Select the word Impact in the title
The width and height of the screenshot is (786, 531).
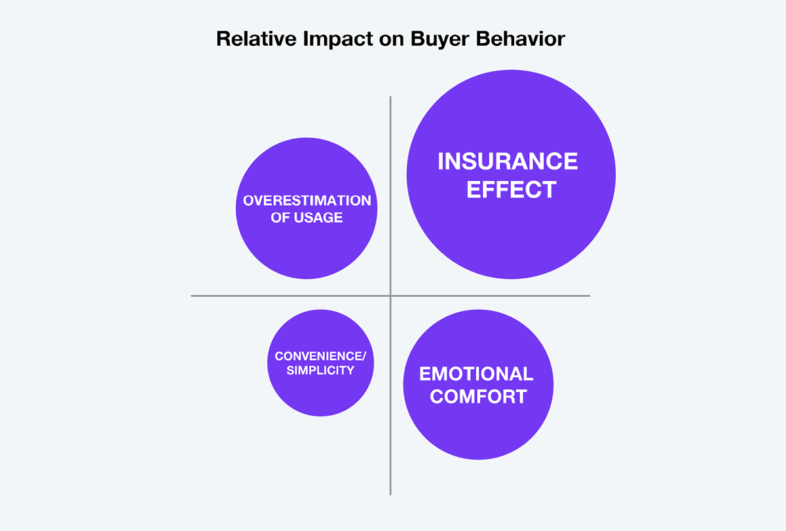[x=337, y=39]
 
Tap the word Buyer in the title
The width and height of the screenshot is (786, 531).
[x=440, y=39]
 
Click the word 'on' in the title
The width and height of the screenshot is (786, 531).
[x=391, y=40]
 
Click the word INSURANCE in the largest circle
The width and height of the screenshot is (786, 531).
[x=508, y=161]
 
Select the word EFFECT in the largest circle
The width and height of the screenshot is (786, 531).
[x=512, y=190]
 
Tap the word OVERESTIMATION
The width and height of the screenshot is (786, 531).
[x=307, y=200]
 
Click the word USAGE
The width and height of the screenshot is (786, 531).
[x=318, y=217]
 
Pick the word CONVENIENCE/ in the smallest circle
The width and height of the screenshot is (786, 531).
[x=320, y=356]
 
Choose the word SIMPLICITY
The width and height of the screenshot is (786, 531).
[x=320, y=371]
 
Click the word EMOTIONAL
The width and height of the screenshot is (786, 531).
[x=476, y=374]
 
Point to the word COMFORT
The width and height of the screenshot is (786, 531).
[x=478, y=397]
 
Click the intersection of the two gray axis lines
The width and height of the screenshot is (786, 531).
[x=390, y=296]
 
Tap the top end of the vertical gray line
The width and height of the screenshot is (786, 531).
[x=390, y=96]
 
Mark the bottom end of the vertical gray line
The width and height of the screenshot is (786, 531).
[x=390, y=495]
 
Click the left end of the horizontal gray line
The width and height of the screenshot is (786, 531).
[x=191, y=296]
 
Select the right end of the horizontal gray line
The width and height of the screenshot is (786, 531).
[x=589, y=296]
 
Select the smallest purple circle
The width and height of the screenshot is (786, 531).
[x=320, y=363]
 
